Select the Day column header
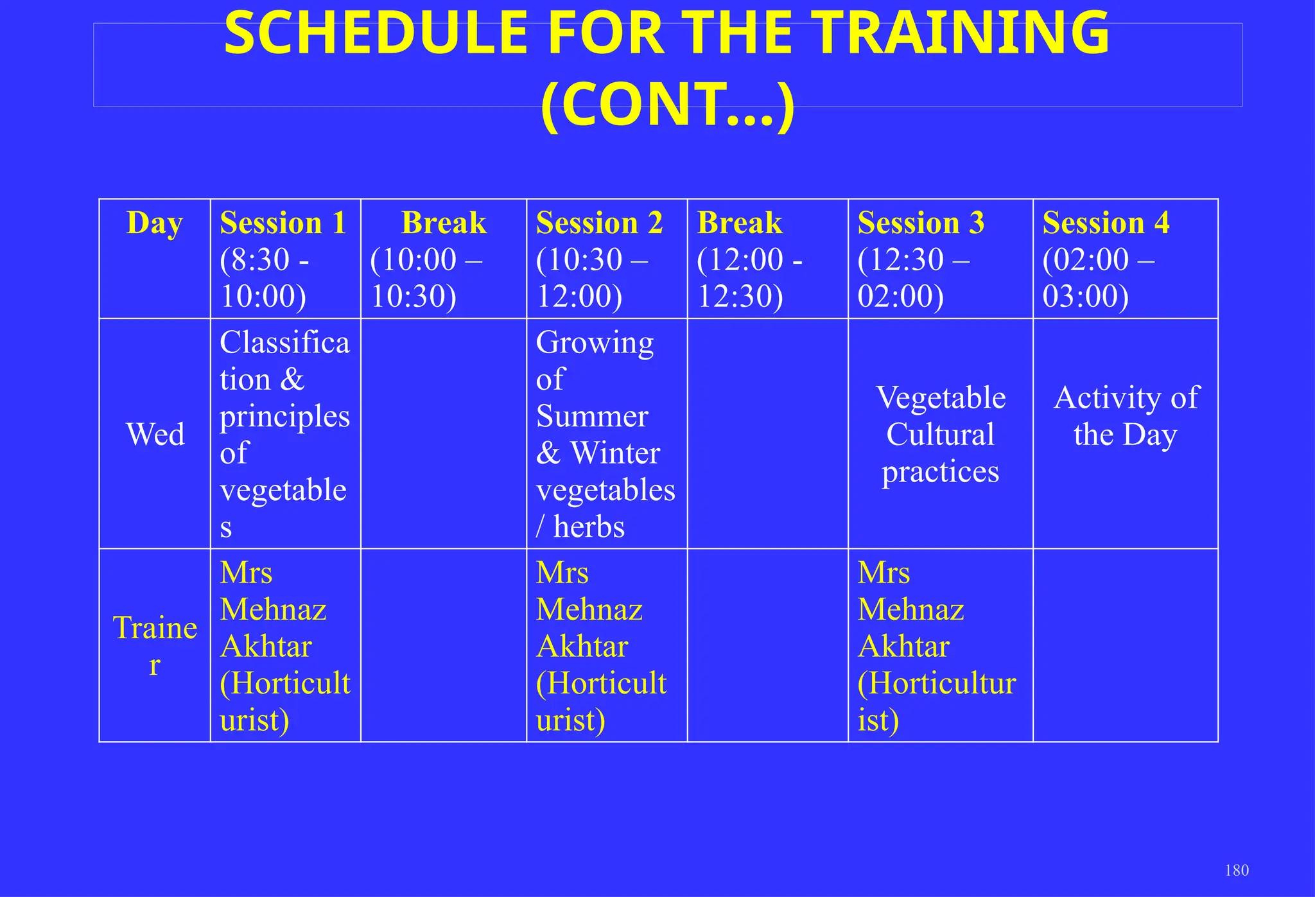tap(155, 223)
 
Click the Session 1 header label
tap(283, 223)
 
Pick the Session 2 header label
tap(599, 223)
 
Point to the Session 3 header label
tap(921, 223)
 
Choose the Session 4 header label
tap(1106, 223)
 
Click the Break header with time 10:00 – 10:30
tap(444, 223)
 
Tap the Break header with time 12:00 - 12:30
tap(740, 223)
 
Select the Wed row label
tap(155, 434)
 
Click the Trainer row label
tap(155, 645)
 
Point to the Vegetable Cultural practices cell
tap(941, 434)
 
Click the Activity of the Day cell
tap(1126, 416)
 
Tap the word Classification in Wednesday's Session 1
tap(284, 360)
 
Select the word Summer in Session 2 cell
tap(592, 416)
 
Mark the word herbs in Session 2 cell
tap(589, 527)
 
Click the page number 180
tap(1237, 870)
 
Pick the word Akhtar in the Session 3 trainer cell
tap(903, 647)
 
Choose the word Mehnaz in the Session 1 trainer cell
tap(273, 609)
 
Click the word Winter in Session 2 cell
tap(615, 453)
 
